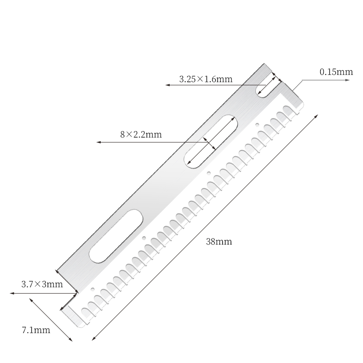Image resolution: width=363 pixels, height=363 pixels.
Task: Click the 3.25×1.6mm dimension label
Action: [206, 79]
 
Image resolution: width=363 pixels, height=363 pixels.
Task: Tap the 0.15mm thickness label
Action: [336, 72]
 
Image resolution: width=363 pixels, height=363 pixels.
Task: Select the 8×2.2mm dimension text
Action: [141, 135]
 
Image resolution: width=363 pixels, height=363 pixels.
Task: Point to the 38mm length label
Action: [219, 242]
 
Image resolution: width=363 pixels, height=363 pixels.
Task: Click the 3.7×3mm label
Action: [42, 285]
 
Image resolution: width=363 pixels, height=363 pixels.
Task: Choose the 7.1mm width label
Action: [36, 330]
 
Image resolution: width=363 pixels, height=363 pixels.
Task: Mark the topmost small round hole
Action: [257, 124]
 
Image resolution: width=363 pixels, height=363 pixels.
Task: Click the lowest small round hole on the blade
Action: [93, 289]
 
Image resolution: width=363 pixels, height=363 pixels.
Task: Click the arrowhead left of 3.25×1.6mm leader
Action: [167, 85]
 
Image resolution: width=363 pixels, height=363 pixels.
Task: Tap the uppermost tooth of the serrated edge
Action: [288, 110]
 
